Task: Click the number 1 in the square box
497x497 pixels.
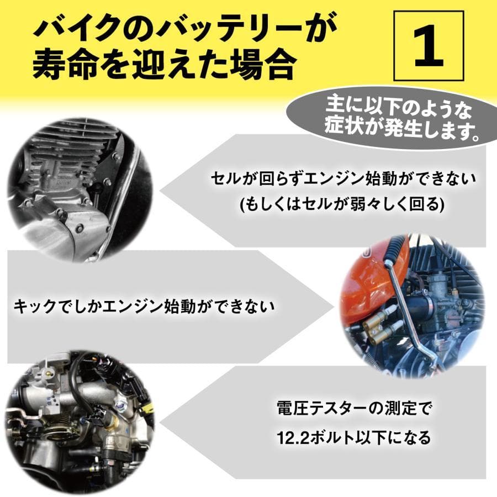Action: [429, 46]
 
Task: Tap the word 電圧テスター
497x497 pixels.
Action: [322, 409]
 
